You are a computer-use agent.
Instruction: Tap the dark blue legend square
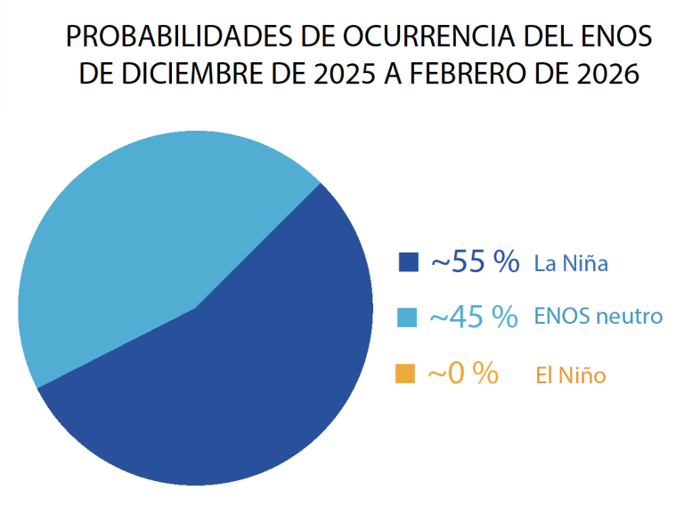coord(408,262)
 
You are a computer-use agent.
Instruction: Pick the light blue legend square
coord(408,317)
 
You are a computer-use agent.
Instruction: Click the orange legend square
coord(405,373)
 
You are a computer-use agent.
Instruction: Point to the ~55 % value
coord(475,261)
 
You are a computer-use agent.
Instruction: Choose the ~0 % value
coord(462,373)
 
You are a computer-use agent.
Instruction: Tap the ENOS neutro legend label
coord(598,317)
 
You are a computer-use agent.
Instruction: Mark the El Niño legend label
coord(571,375)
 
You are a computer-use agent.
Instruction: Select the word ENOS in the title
coord(615,36)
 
